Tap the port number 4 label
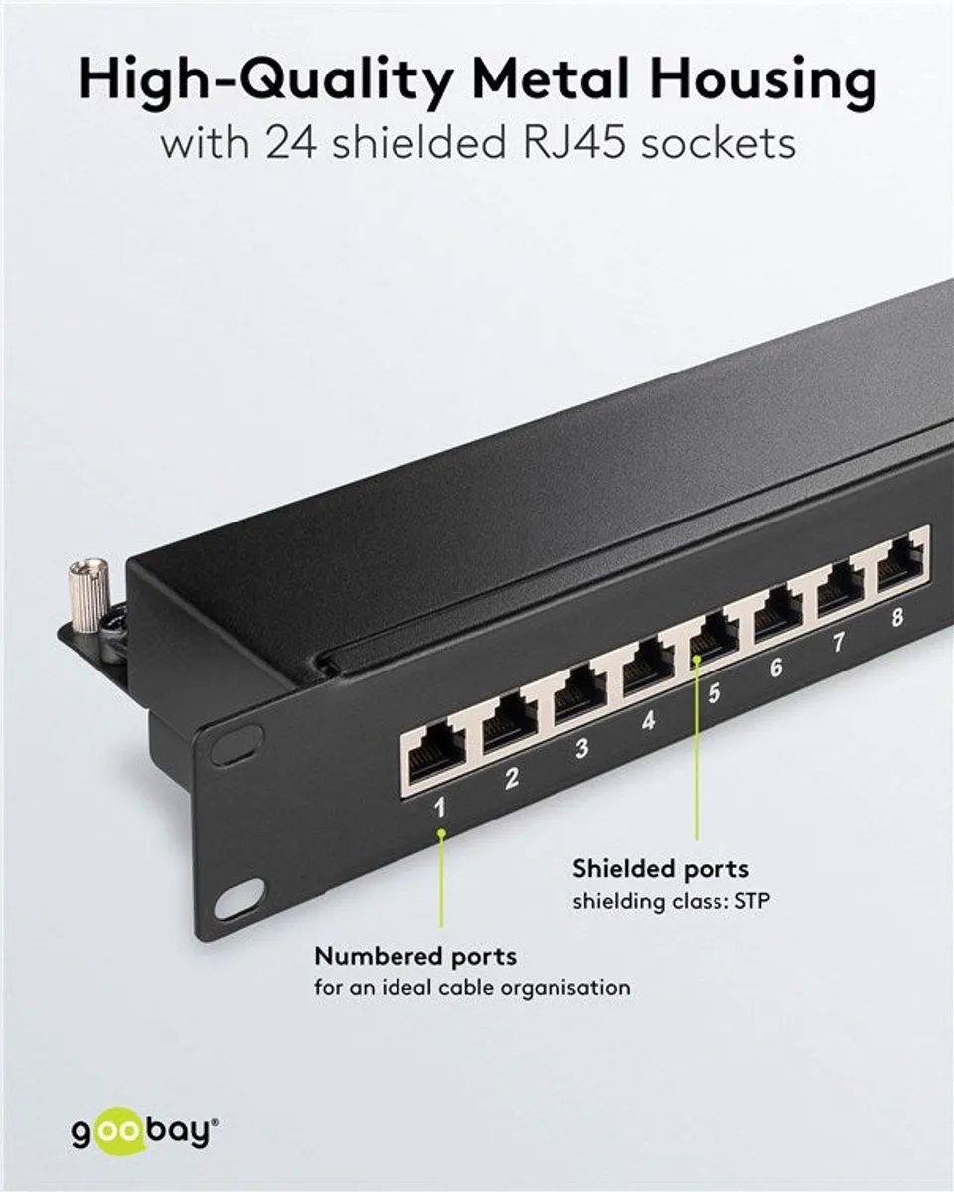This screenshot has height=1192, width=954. (x=648, y=720)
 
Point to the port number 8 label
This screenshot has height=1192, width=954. (x=897, y=617)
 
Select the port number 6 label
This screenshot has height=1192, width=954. (x=776, y=668)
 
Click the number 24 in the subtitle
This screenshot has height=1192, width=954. (x=290, y=144)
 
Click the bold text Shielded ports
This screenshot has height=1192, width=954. (x=661, y=869)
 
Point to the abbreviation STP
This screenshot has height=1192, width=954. (x=752, y=902)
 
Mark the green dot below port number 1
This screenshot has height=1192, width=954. (x=442, y=849)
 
